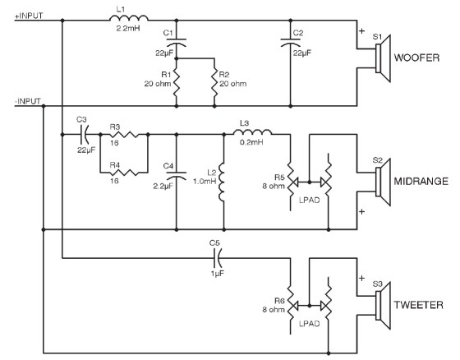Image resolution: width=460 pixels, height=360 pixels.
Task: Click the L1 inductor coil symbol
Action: pyautogui.click(x=129, y=18)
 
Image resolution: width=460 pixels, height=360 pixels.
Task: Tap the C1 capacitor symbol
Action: pyautogui.click(x=177, y=43)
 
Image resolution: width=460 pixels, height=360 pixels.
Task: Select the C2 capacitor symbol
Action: pyautogui.click(x=291, y=43)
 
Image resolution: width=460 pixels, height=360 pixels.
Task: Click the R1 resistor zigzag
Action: pyautogui.click(x=177, y=83)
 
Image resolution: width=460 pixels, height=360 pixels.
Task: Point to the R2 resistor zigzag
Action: pyautogui.click(x=214, y=83)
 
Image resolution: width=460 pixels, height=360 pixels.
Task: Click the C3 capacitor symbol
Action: pyautogui.click(x=84, y=135)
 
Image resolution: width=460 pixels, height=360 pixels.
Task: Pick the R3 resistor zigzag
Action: pyautogui.click(x=124, y=135)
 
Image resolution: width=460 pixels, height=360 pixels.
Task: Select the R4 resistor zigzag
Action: pyautogui.click(x=124, y=173)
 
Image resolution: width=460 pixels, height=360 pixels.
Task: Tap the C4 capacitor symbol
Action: pyautogui.click(x=177, y=176)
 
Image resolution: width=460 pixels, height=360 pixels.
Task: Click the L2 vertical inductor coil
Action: pyautogui.click(x=222, y=182)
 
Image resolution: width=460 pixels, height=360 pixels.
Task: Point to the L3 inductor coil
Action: pyautogui.click(x=253, y=132)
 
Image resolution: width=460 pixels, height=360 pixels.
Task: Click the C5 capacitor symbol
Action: pyautogui.click(x=218, y=258)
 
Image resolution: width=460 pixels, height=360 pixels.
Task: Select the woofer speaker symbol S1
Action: pyautogui.click(x=383, y=58)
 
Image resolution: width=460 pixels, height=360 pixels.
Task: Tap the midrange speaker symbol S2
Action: pyautogui.click(x=383, y=182)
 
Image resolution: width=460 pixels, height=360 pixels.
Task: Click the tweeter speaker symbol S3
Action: pyautogui.click(x=383, y=306)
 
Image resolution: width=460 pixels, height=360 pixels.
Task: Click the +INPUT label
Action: pyautogui.click(x=29, y=16)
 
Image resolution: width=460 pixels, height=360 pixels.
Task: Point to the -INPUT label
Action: pyautogui.click(x=28, y=101)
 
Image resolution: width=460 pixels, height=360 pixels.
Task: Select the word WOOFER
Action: pyautogui.click(x=416, y=58)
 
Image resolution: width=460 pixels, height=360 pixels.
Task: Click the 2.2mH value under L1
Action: pyautogui.click(x=128, y=29)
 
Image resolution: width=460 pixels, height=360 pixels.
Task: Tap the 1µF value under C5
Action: pyautogui.click(x=218, y=274)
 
